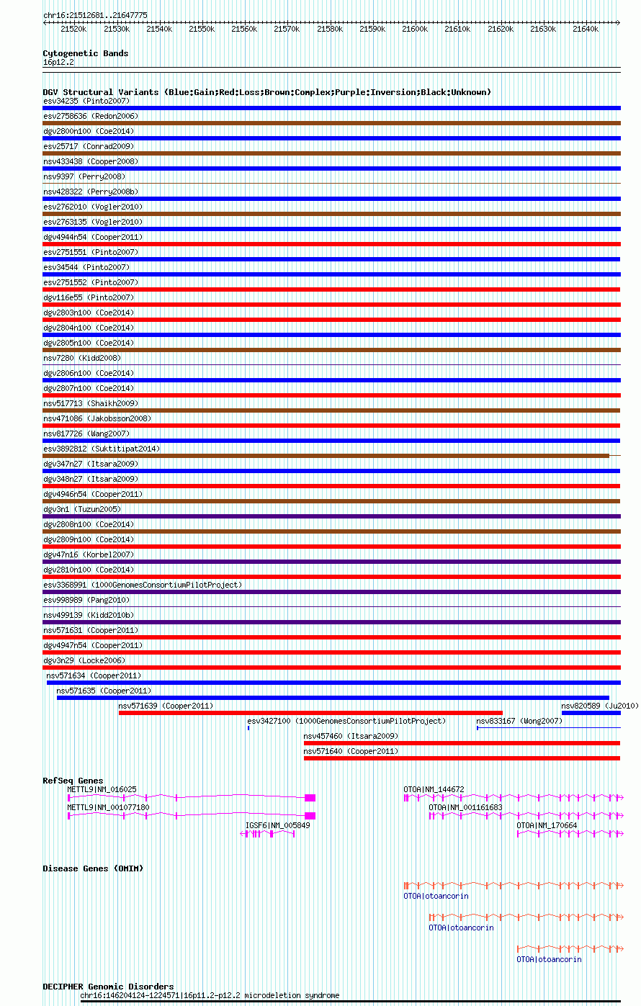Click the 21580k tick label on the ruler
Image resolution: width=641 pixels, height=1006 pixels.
click(329, 29)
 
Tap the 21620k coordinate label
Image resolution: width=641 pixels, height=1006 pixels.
click(500, 29)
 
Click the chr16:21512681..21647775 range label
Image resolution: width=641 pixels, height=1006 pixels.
click(95, 15)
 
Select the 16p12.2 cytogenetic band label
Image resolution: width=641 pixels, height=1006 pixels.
click(58, 63)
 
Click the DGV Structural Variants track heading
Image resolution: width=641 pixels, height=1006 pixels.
click(266, 92)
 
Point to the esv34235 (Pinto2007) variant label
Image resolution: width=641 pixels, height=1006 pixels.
click(86, 101)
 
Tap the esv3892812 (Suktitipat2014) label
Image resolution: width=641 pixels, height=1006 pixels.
click(102, 449)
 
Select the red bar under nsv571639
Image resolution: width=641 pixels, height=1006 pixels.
click(310, 713)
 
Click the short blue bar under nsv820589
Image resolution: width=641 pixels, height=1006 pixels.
click(591, 713)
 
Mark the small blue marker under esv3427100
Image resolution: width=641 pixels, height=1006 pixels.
click(248, 728)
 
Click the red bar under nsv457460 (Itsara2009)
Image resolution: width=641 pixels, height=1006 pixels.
click(462, 743)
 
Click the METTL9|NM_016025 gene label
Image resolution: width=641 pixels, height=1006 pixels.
click(102, 789)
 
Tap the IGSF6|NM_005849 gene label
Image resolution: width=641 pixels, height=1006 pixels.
click(278, 825)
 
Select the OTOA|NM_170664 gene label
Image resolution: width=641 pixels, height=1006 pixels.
click(547, 825)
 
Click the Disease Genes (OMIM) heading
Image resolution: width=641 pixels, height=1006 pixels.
click(93, 868)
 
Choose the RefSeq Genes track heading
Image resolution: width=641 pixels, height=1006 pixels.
click(73, 781)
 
